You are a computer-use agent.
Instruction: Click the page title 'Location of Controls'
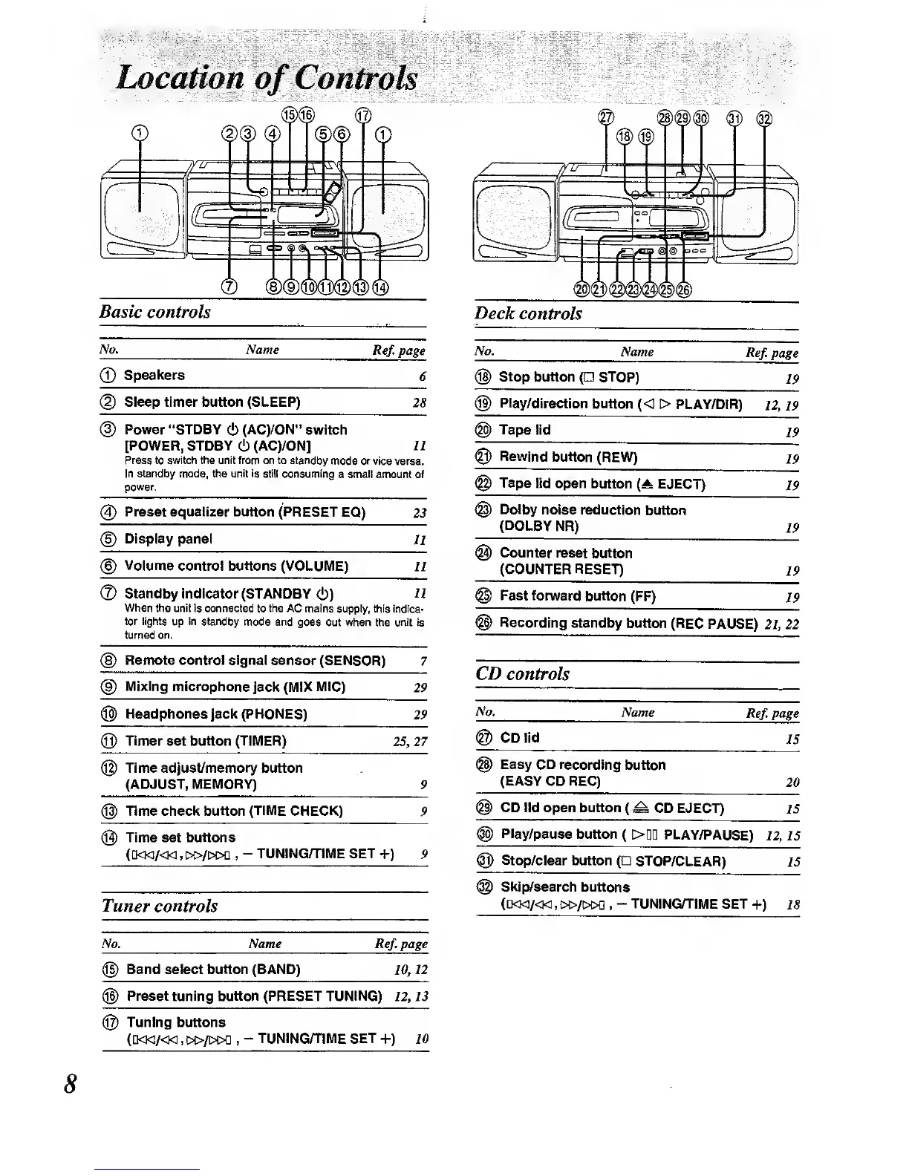267,79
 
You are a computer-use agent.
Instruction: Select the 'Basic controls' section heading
155,312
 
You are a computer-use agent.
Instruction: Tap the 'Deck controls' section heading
528,313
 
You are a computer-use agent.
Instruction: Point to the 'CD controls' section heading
522,674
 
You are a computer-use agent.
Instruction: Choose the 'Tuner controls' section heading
160,906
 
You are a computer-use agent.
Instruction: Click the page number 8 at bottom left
70,1084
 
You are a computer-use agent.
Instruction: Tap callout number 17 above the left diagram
362,115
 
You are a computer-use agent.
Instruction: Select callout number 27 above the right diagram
606,117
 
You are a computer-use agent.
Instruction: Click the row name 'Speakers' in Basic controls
154,376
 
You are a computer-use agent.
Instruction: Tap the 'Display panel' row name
168,539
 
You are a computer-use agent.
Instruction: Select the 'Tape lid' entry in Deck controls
524,431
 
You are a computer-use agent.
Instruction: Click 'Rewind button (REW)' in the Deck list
568,457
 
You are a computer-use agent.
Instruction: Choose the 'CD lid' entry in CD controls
519,738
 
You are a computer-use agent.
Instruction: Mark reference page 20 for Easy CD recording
792,783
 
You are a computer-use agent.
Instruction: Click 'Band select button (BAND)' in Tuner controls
213,970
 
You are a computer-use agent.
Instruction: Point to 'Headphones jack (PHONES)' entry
215,714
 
